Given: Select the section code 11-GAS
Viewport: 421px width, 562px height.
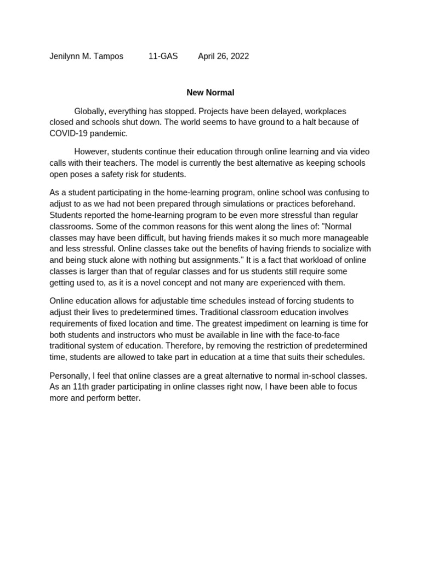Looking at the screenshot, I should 163,56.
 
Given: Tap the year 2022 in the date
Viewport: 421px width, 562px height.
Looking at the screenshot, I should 239,56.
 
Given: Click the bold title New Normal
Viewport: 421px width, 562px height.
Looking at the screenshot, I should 210,93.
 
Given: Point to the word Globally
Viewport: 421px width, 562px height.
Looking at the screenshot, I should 90,111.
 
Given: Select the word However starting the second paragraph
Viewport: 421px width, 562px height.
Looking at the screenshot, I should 91,151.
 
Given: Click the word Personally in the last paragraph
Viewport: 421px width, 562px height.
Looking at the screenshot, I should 70,375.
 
